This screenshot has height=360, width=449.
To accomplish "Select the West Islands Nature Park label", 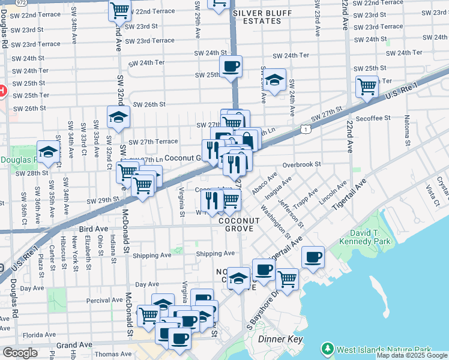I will point(384,349).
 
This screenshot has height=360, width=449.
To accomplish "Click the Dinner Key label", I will point(279,339).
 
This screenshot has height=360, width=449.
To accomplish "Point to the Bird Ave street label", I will point(93,229).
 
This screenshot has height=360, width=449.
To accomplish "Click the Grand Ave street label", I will point(74,345).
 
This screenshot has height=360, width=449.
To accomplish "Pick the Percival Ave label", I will point(104,299).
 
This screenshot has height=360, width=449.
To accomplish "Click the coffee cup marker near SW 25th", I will point(231,67).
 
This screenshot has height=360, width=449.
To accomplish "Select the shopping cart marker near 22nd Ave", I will point(366,86).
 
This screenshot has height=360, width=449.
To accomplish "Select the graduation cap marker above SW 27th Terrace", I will point(118,118).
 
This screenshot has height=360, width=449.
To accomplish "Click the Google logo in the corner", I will point(19,353).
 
